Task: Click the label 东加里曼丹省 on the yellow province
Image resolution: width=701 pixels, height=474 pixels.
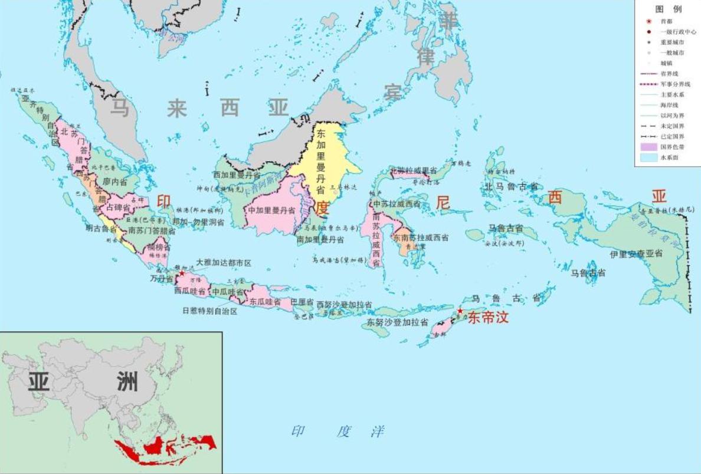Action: click(321, 162)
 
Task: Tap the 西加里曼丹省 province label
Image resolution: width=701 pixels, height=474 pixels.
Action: click(237, 175)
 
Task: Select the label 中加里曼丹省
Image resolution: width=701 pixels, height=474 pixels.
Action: click(271, 210)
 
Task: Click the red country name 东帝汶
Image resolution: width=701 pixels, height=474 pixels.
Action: click(487, 318)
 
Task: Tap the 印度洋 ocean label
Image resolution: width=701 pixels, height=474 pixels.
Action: click(338, 431)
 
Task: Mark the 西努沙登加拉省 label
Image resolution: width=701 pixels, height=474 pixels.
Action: click(344, 305)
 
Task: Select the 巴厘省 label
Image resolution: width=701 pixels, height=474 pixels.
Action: click(302, 302)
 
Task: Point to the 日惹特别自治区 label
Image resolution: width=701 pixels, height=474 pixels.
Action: click(209, 311)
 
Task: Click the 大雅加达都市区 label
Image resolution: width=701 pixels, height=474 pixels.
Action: click(224, 262)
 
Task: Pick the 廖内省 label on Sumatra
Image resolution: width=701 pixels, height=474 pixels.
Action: click(115, 182)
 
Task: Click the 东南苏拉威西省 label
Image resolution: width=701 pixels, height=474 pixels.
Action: click(421, 238)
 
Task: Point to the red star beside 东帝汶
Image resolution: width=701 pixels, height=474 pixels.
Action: click(460, 310)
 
